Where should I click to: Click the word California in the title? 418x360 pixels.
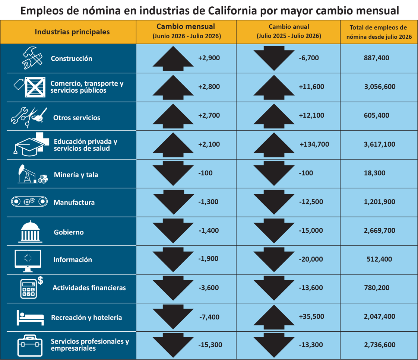(232, 11)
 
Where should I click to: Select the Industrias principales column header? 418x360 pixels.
(72, 32)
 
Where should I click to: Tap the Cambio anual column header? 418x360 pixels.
(289, 31)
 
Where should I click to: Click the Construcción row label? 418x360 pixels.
(72, 58)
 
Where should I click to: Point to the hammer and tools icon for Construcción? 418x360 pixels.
(32, 58)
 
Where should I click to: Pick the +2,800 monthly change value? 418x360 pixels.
(209, 87)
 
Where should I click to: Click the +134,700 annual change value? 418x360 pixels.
(314, 144)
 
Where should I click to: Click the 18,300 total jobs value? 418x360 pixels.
(374, 173)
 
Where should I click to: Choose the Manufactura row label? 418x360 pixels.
(74, 202)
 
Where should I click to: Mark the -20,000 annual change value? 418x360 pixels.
(311, 259)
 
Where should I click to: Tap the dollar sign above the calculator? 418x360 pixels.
(40, 280)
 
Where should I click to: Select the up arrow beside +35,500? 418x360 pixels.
(274, 315)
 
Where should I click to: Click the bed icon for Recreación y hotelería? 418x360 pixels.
(30, 317)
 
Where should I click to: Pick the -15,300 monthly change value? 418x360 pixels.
(210, 344)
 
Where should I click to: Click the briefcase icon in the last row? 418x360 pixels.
(30, 345)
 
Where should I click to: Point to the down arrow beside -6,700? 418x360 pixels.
(274, 58)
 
